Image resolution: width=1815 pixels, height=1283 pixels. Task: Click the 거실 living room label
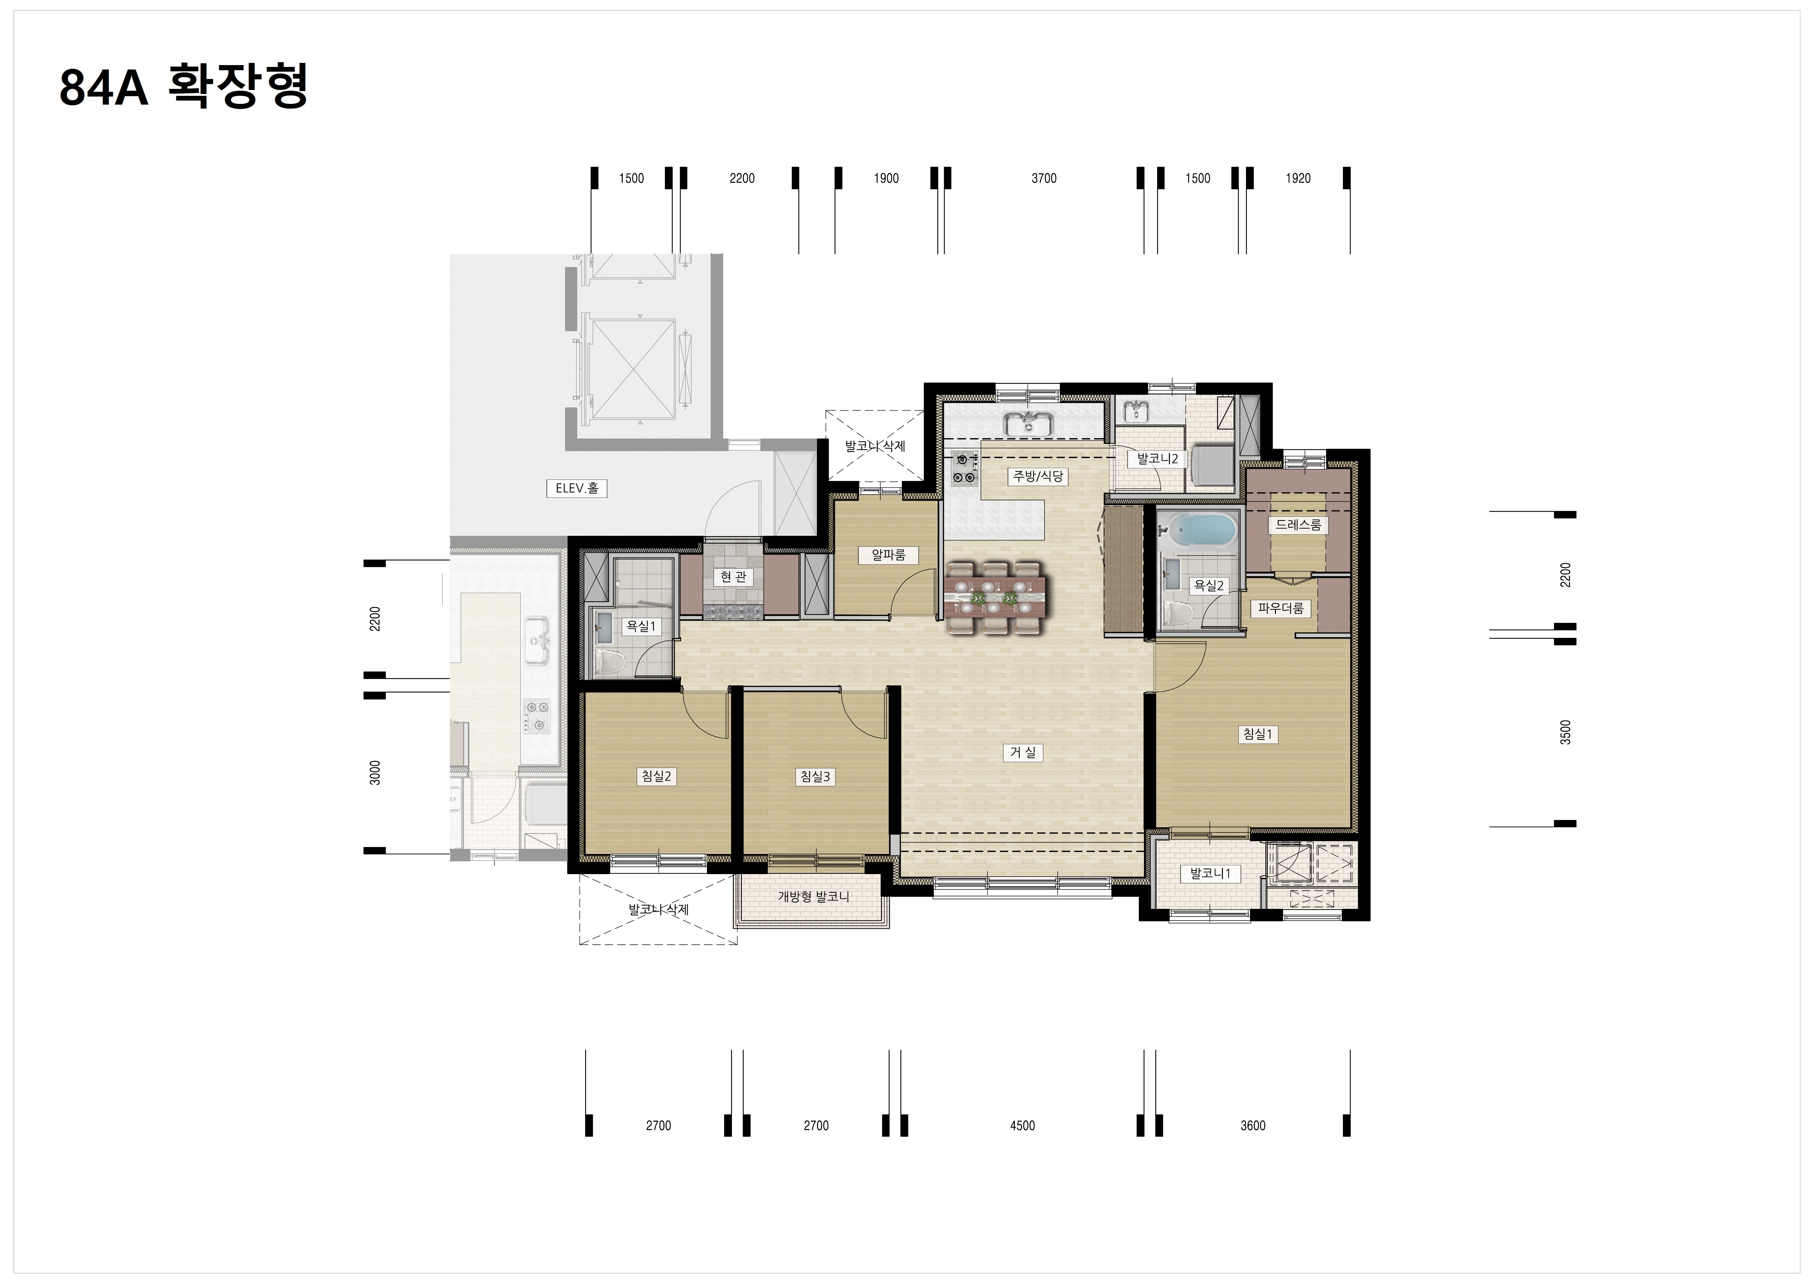[x=1023, y=753]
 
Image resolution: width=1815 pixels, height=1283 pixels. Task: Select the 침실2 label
[x=656, y=776]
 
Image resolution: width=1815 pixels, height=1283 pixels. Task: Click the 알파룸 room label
[x=889, y=555]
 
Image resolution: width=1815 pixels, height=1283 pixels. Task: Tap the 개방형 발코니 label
[x=813, y=896]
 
